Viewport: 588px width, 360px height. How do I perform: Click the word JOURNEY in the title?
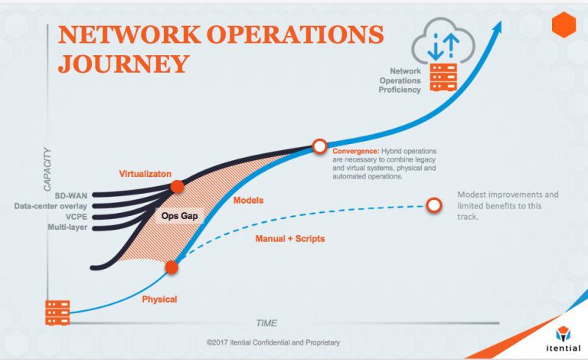tap(123, 64)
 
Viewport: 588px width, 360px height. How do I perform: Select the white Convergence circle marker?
tap(319, 146)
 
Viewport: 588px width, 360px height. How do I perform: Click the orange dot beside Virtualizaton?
tap(177, 186)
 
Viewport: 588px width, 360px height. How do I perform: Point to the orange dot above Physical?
tap(171, 267)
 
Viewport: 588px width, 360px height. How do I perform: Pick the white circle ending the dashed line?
tap(434, 205)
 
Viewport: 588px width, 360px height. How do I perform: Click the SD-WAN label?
tap(73, 195)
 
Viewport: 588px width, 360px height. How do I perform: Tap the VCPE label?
tap(77, 217)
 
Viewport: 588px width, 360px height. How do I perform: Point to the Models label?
tap(248, 200)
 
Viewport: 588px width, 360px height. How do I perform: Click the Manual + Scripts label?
tap(289, 239)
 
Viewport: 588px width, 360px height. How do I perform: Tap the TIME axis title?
tap(266, 322)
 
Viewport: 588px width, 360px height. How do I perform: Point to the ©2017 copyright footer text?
tap(273, 342)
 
